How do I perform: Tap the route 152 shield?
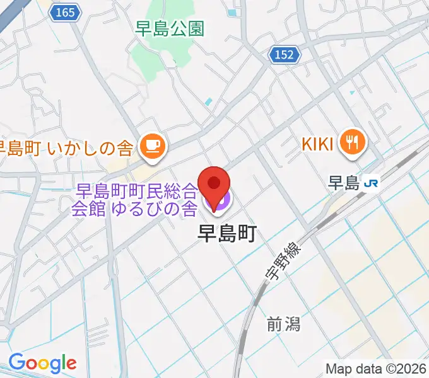tap(285, 55)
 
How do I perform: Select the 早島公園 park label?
tap(170, 28)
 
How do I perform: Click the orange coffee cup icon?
tap(153, 146)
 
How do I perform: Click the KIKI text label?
tap(317, 144)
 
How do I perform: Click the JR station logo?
tap(372, 183)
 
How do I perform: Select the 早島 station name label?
tap(344, 183)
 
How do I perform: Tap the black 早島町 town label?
tap(226, 234)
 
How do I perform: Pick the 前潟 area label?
tap(283, 324)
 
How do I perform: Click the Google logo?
tap(42, 363)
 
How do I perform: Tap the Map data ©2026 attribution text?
tap(375, 368)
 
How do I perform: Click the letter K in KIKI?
tap(306, 144)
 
